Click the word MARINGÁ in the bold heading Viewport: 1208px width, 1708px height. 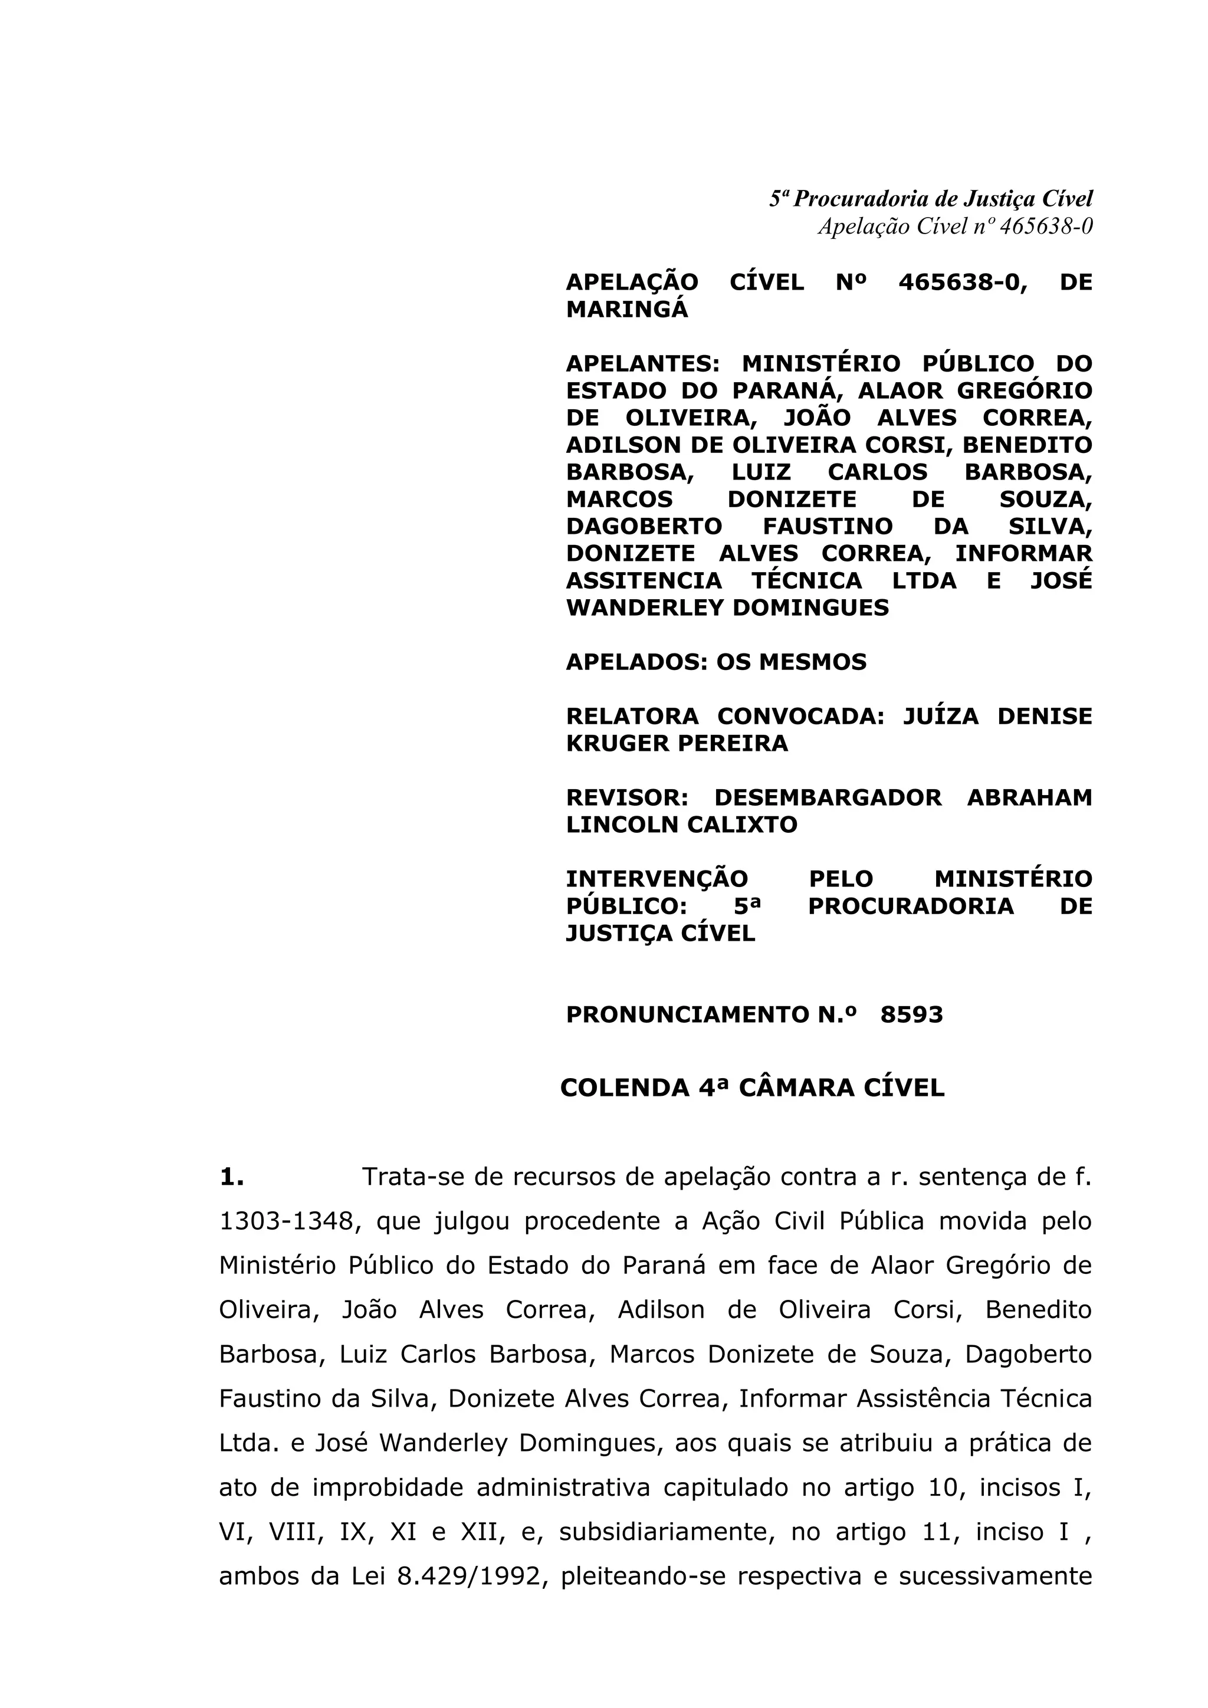(627, 310)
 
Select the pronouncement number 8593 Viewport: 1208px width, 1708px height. (911, 1014)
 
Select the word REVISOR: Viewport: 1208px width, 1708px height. (627, 797)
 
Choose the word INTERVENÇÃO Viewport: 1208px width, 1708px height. (657, 879)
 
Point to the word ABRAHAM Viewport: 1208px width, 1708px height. (1029, 797)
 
